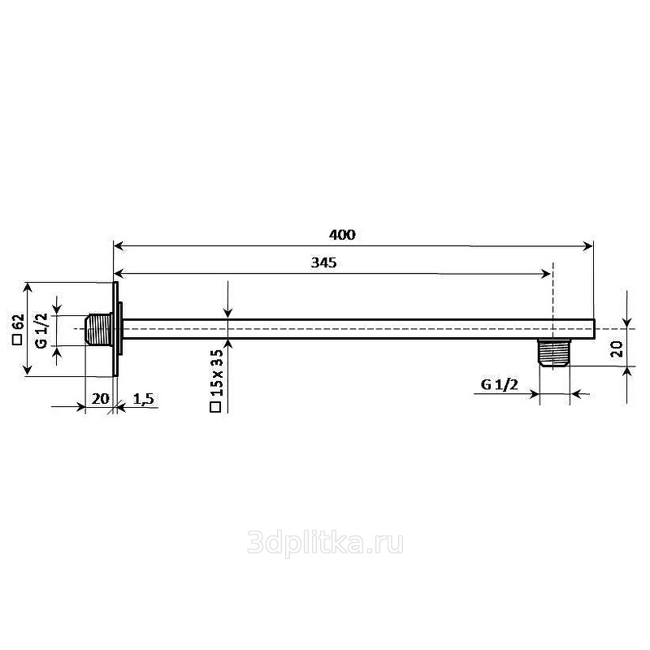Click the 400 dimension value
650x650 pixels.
[342, 235]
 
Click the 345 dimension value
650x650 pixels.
[323, 262]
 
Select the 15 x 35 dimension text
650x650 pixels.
[217, 373]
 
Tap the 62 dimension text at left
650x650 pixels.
[19, 322]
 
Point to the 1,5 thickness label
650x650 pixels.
[144, 399]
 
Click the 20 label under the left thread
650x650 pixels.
[100, 399]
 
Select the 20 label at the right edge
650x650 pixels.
[617, 349]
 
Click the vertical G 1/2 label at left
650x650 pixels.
[42, 331]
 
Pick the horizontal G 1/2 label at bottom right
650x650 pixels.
[500, 384]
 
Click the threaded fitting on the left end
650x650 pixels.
[98, 330]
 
